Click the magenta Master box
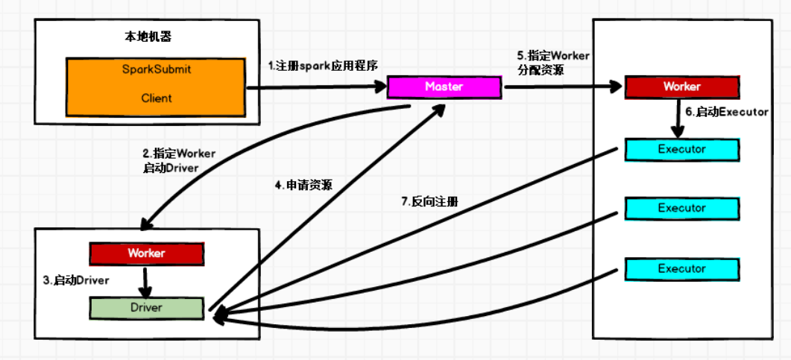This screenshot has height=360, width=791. [444, 86]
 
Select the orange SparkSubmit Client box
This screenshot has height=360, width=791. [156, 87]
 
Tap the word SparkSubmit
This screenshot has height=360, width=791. [156, 69]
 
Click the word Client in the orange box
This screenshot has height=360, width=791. [156, 98]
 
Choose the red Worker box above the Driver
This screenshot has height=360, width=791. [146, 253]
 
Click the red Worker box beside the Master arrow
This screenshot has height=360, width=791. [681, 86]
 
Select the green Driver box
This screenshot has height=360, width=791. [146, 307]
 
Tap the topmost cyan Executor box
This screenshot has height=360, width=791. [681, 149]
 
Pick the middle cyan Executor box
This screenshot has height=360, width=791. [681, 208]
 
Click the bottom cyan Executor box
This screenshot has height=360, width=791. [681, 268]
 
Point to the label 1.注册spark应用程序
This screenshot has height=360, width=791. [323, 66]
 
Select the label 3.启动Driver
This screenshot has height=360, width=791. [76, 280]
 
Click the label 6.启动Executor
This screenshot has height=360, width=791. [726, 112]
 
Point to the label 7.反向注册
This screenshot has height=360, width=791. [429, 201]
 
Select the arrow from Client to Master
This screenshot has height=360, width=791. [317, 88]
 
